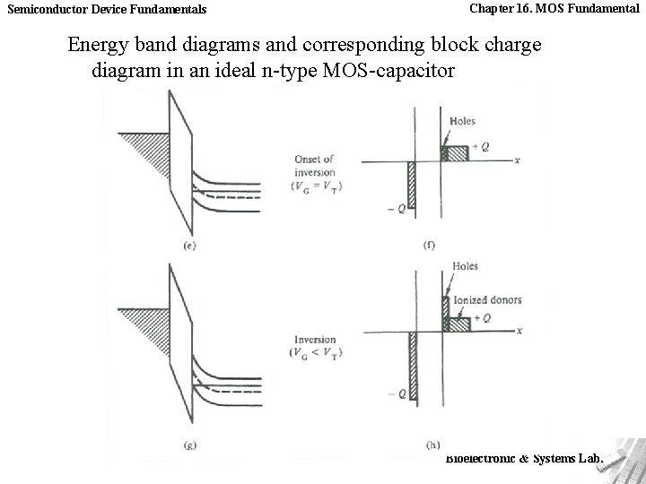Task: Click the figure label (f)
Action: (429, 246)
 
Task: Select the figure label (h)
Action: (432, 445)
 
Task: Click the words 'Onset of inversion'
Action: (314, 166)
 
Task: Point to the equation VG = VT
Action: (317, 186)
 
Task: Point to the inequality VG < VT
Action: (317, 352)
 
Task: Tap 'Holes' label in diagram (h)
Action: (466, 266)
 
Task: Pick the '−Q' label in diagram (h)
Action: (397, 393)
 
